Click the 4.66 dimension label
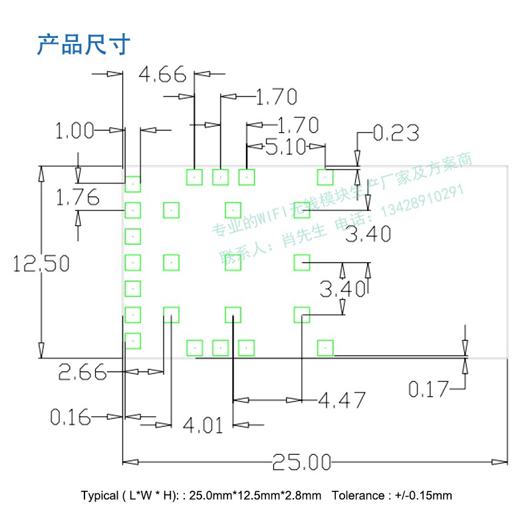162,74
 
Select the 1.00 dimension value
74,131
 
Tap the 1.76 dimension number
77,198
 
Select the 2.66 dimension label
82,372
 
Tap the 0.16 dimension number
70,418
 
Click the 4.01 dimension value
203,425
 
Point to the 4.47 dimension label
342,400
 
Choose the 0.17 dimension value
428,389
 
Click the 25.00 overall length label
301,462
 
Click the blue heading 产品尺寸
83,45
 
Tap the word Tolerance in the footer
357,496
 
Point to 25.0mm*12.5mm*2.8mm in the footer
255,496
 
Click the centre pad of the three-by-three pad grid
233,262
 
